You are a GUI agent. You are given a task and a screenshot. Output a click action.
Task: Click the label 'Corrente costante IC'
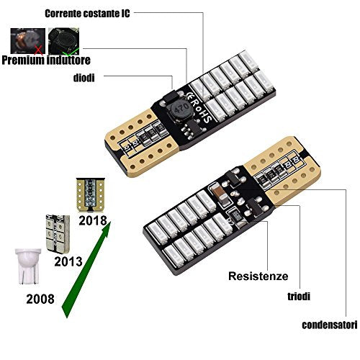[x=87, y=14]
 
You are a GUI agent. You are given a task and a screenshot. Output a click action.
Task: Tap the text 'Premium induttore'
[x=46, y=60]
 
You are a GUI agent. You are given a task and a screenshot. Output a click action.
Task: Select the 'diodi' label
[x=84, y=78]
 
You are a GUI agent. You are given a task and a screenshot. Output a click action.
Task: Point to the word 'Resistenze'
[x=258, y=276]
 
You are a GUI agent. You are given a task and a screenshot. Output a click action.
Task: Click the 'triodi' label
[x=299, y=297]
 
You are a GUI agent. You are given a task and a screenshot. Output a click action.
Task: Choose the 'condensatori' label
[x=330, y=325]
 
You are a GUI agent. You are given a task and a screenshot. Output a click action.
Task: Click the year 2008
[x=40, y=299]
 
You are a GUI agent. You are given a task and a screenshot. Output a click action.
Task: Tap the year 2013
[x=68, y=261]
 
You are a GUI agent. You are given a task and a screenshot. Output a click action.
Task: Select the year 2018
[x=93, y=220]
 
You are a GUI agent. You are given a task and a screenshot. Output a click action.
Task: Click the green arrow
[x=86, y=270]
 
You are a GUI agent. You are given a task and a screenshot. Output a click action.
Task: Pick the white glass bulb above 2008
[x=28, y=266]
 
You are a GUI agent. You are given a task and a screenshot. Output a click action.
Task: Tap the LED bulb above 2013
[x=58, y=234]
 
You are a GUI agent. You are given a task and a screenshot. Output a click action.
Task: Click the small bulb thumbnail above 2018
[x=90, y=195]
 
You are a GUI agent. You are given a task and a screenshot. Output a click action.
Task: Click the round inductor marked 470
[x=180, y=110]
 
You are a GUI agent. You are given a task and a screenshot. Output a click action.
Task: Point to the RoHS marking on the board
[x=199, y=107]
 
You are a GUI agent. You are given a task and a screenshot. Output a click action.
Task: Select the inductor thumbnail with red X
[x=27, y=41]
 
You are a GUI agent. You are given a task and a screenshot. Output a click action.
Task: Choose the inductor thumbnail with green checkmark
[x=63, y=41]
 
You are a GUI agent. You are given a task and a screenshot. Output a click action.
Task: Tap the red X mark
[x=39, y=50]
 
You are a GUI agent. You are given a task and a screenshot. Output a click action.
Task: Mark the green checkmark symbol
[x=71, y=51]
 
